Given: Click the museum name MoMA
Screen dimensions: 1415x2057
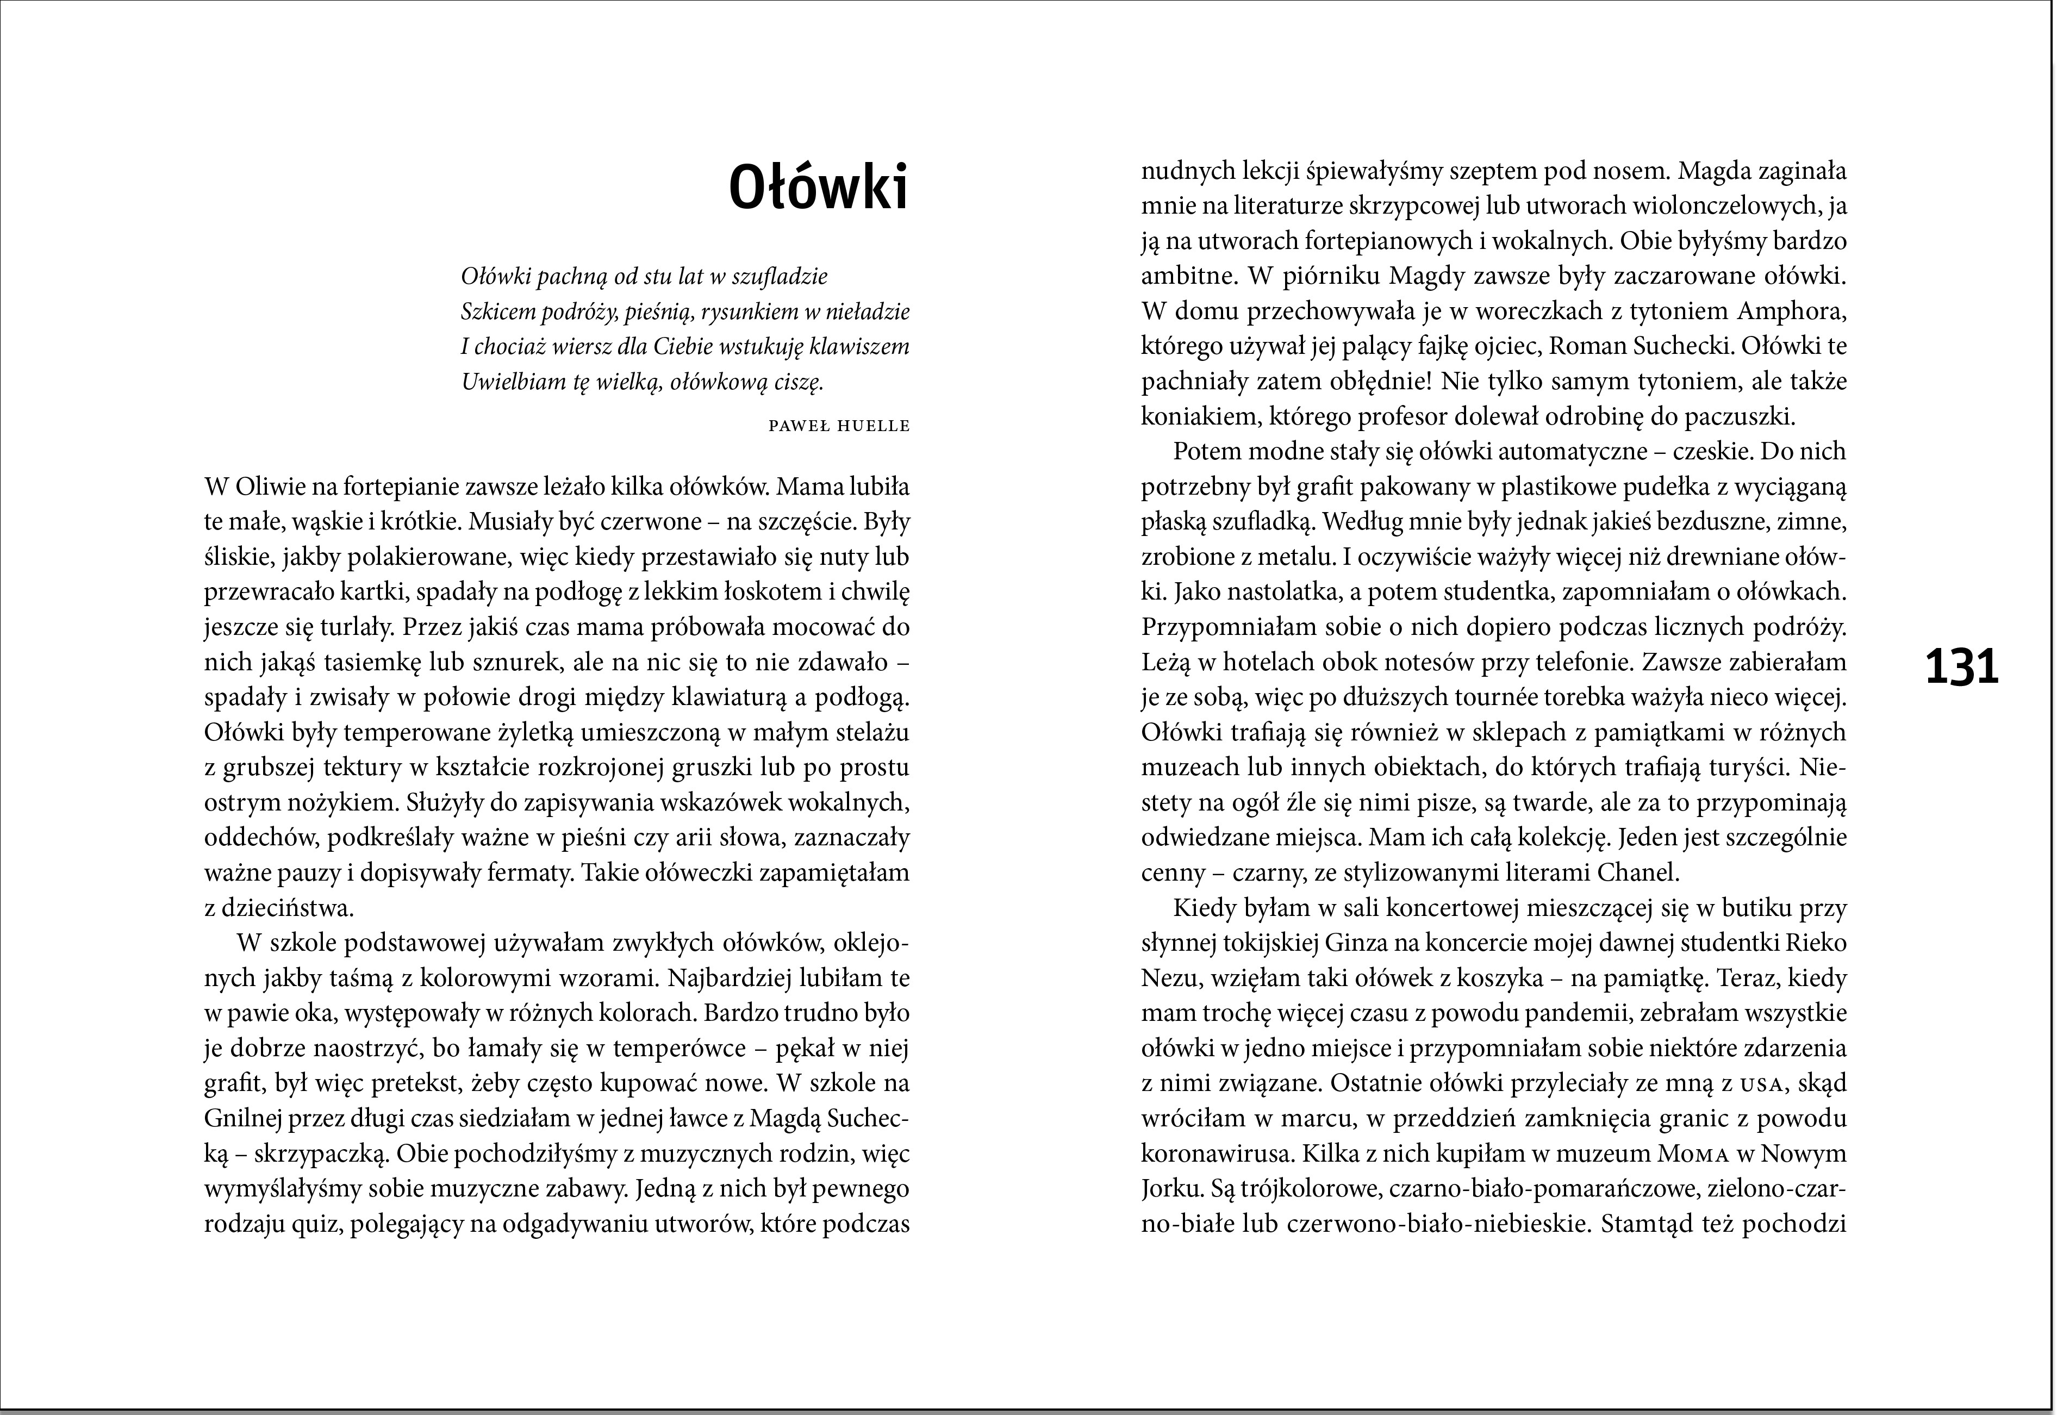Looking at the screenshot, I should (1696, 1155).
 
